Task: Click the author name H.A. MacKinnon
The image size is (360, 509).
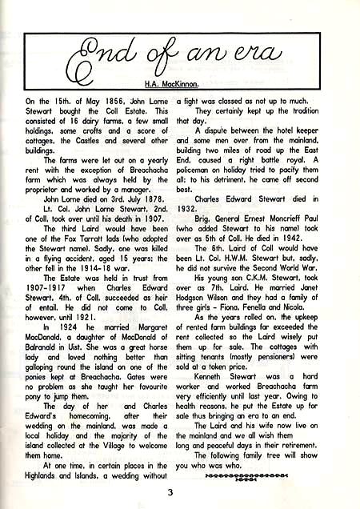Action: click(180, 83)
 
